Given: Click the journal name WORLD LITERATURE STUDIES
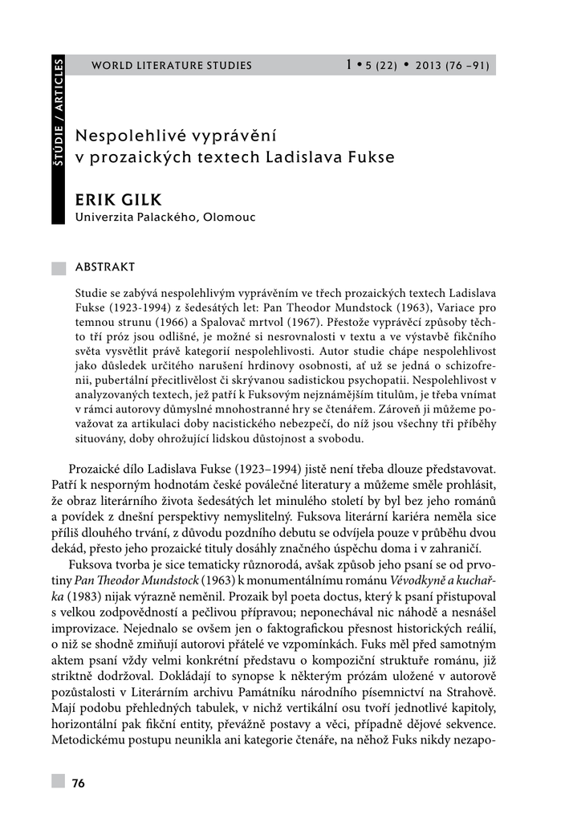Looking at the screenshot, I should coord(172,66).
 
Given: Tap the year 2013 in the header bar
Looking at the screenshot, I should coord(429,66).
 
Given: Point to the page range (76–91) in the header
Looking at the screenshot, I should coord(469,66).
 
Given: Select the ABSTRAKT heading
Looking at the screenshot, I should coord(104,267).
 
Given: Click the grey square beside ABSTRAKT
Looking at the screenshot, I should coord(59,268).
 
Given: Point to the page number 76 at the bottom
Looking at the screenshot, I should coord(79,783).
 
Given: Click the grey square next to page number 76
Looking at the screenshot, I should coord(59,782).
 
